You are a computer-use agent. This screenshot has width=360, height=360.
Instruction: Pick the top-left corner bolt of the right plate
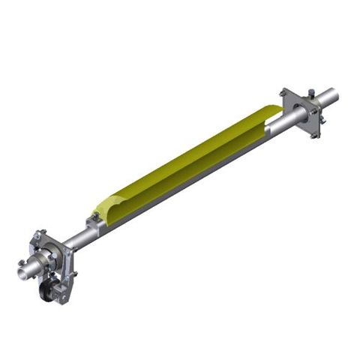283,93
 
